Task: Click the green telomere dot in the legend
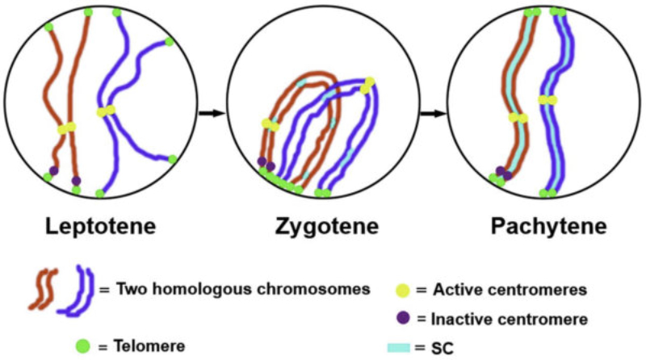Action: pyautogui.click(x=82, y=343)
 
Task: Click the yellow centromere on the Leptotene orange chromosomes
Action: pyautogui.click(x=66, y=128)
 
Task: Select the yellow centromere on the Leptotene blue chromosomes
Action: pyautogui.click(x=106, y=111)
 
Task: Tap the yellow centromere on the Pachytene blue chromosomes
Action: pyautogui.click(x=548, y=99)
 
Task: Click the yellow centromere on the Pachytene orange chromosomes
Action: pyautogui.click(x=518, y=118)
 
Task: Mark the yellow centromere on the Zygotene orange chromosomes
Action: pyautogui.click(x=270, y=124)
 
